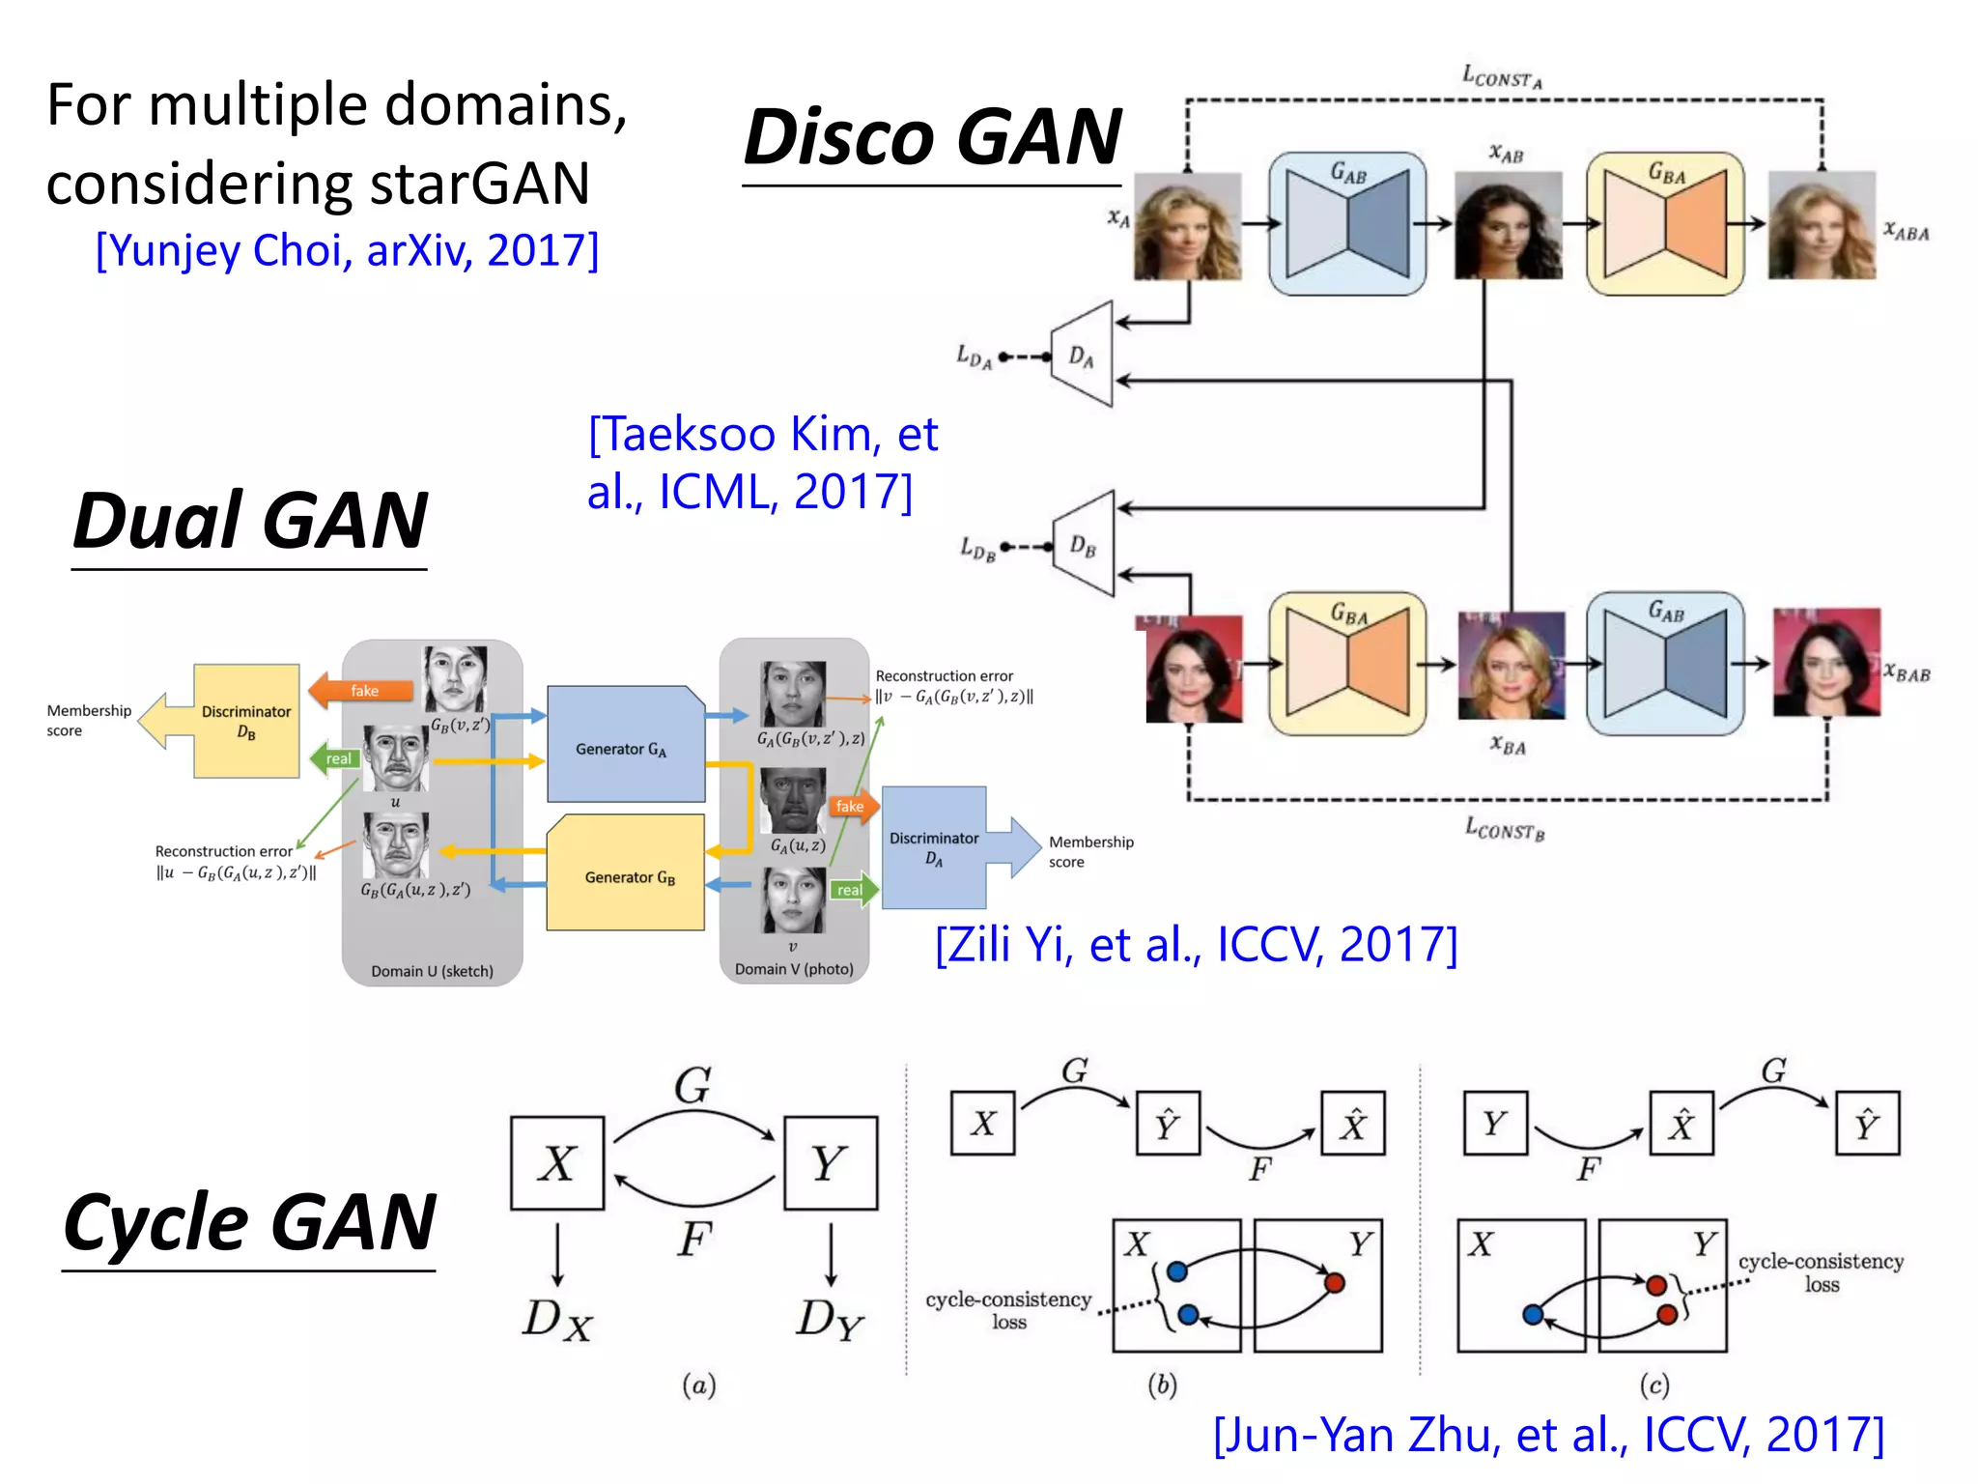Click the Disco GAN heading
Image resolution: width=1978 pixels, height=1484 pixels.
[x=932, y=137]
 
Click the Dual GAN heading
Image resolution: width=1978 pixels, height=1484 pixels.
[x=249, y=521]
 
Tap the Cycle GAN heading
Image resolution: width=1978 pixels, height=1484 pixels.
[x=249, y=1222]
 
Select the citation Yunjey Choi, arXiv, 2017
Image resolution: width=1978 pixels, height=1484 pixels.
[x=347, y=251]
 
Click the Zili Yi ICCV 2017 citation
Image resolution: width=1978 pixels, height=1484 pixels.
[x=1196, y=945]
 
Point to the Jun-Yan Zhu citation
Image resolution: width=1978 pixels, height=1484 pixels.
[x=1548, y=1435]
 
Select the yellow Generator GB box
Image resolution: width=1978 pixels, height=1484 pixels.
[x=626, y=874]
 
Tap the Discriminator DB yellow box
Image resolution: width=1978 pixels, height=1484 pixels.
[x=246, y=721]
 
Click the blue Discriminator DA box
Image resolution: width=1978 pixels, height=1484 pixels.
[x=933, y=848]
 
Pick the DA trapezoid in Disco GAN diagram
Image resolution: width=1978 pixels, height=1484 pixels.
[x=1084, y=356]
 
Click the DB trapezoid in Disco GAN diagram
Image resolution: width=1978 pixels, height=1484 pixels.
[x=1085, y=545]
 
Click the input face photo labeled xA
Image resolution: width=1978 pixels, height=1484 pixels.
[x=1187, y=226]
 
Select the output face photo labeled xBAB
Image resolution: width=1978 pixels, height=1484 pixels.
[x=1825, y=663]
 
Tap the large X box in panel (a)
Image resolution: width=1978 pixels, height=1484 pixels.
[x=557, y=1163]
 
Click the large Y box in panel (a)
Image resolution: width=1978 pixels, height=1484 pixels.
[x=830, y=1163]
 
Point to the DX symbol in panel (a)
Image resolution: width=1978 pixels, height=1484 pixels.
[x=557, y=1320]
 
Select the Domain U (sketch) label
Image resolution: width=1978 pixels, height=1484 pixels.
[x=432, y=971]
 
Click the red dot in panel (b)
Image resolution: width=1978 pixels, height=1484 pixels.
[x=1335, y=1283]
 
